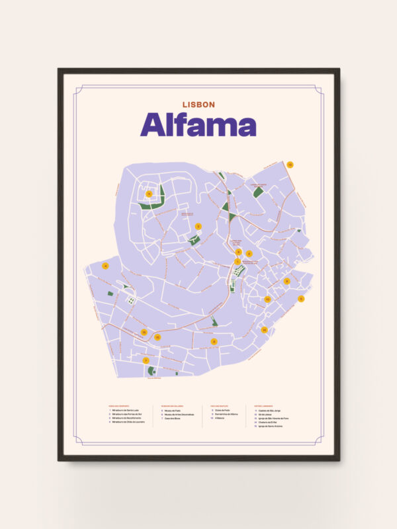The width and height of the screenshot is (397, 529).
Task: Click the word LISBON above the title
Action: click(198, 104)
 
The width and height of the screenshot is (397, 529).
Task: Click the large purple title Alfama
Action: click(198, 125)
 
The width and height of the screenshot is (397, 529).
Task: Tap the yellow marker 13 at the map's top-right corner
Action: click(290, 165)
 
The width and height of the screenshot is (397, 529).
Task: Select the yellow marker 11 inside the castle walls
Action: click(149, 194)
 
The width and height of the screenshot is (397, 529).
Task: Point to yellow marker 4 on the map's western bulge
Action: click(105, 266)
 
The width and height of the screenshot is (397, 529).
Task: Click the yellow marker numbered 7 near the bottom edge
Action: click(146, 360)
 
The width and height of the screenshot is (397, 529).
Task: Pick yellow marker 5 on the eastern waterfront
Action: click(301, 299)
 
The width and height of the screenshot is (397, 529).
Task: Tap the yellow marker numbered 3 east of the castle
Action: click(198, 226)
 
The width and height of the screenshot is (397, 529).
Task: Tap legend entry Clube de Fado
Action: click(222, 410)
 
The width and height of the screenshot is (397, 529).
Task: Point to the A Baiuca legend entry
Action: click(220, 418)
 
